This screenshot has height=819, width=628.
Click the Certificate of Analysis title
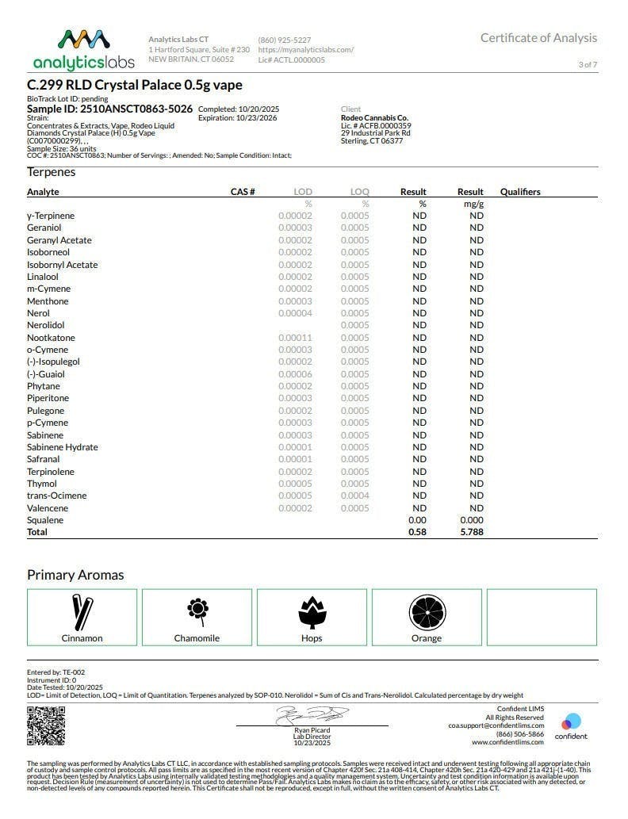[x=538, y=38]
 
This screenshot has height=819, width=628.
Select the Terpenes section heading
[x=52, y=172]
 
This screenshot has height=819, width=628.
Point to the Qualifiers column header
[x=520, y=192]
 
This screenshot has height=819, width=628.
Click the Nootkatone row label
[x=51, y=338]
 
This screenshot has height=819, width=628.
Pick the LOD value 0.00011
[x=295, y=338]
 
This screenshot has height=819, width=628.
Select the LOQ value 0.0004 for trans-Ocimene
[x=354, y=496]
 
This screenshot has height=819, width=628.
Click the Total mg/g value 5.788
[x=471, y=532]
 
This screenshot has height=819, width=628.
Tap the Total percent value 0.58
[x=417, y=532]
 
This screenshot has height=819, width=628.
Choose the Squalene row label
[x=45, y=520]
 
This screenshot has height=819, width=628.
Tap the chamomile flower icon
[x=197, y=610]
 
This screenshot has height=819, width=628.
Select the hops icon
[x=312, y=611]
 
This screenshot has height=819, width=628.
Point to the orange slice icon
[x=427, y=611]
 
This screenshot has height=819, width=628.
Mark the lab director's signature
[x=312, y=715]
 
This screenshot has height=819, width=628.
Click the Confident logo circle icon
[x=571, y=722]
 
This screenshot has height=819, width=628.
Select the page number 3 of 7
[x=588, y=65]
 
